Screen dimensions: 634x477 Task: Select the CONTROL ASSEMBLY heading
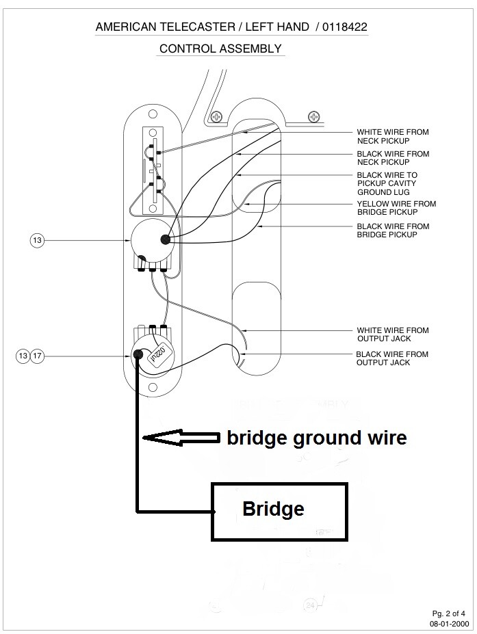220,49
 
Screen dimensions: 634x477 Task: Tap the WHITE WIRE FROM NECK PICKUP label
393,136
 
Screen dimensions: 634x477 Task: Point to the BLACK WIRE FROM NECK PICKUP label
393,158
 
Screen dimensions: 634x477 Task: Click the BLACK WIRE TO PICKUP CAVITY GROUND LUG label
387,183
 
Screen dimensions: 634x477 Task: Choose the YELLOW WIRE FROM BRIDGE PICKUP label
396,208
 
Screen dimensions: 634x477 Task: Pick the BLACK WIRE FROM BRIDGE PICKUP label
393,230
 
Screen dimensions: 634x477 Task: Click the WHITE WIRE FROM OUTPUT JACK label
393,334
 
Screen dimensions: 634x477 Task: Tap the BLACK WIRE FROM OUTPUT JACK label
392,358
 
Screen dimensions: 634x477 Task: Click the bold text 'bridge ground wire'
317,438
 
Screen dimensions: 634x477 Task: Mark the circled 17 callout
38,356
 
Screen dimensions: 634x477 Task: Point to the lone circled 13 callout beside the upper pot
37,240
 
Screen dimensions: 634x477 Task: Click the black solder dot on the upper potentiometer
164,239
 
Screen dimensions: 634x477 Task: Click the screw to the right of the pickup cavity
313,116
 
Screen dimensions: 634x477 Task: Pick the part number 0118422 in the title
350,27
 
